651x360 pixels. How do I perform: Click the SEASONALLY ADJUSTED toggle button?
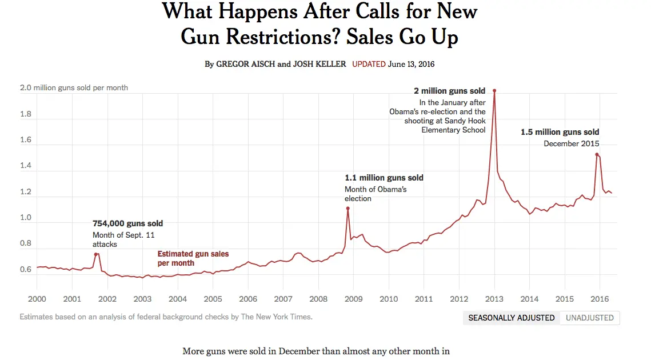(x=512, y=318)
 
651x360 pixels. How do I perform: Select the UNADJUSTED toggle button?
(x=590, y=318)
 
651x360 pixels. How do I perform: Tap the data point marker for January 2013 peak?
(x=494, y=91)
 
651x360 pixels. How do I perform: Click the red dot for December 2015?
(x=597, y=154)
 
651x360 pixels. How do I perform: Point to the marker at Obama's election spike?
(x=348, y=209)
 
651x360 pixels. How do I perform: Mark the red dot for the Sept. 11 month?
(x=95, y=254)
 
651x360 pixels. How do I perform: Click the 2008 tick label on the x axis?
(x=318, y=299)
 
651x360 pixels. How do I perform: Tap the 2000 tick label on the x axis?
(x=37, y=299)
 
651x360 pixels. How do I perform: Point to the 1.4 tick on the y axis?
(x=26, y=166)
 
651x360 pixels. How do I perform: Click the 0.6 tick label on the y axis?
(x=26, y=270)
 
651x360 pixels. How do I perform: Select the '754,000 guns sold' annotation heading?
(x=127, y=223)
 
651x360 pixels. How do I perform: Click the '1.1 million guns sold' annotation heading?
(x=384, y=178)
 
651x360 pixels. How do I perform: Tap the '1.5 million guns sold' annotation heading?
(x=560, y=132)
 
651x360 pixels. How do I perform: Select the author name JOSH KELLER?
(x=319, y=64)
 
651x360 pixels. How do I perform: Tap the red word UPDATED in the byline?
(x=369, y=64)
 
